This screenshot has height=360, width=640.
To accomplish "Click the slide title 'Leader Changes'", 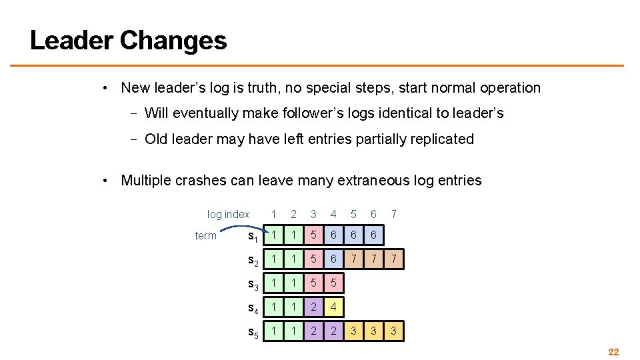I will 129,41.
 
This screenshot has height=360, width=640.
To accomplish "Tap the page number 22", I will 613,352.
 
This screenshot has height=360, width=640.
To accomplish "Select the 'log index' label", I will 228,214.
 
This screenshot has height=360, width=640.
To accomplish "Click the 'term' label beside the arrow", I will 205,235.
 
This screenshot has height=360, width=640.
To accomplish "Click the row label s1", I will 253,236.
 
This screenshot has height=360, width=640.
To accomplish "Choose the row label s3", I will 253,285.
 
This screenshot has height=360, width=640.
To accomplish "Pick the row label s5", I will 253,332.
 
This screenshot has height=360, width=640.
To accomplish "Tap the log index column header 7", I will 394,214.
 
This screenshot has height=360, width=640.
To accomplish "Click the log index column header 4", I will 333,214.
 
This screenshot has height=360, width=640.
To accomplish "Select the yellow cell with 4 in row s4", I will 333,307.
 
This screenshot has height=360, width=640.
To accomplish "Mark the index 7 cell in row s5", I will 394,331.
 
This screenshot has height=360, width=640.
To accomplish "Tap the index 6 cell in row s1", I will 374,235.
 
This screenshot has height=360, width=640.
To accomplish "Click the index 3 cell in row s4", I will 313,307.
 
